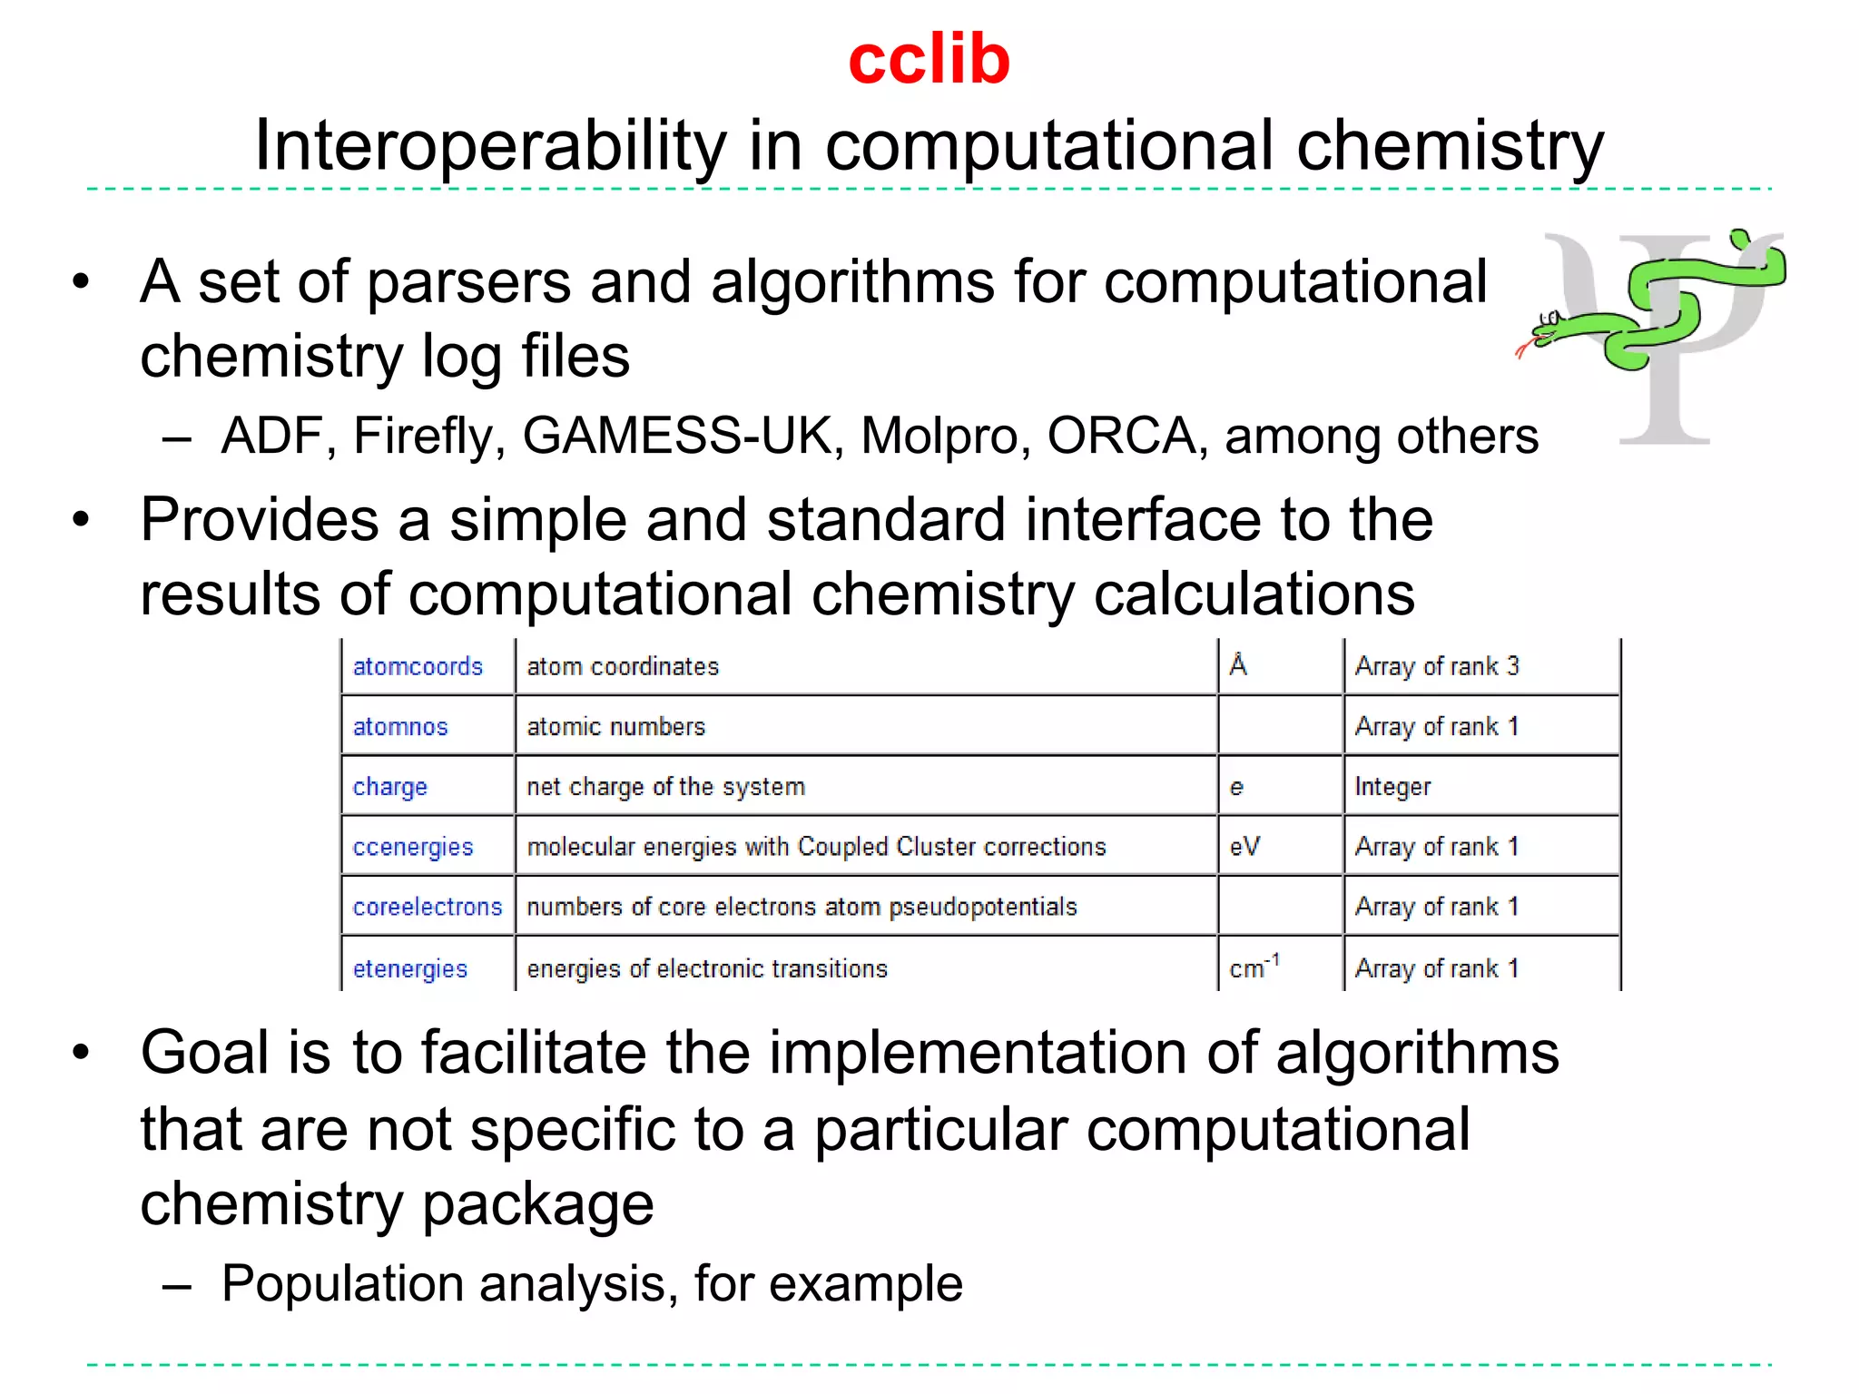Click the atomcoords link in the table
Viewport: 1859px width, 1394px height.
418,667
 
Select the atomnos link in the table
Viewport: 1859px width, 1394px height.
400,727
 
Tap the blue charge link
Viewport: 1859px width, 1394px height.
389,787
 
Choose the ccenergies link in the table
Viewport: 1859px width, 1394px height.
413,847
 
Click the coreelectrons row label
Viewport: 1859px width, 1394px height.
428,907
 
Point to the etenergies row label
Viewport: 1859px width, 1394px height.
410,968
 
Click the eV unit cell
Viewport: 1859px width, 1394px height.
1244,847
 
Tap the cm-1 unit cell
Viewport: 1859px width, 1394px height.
1254,967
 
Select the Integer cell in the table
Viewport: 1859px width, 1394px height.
1392,787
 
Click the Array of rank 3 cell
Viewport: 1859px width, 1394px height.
1437,667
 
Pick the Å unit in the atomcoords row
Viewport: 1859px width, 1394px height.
1238,666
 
